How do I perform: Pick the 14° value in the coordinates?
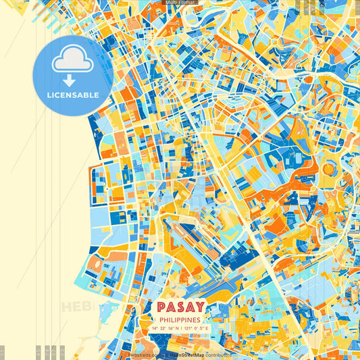tap(155, 328)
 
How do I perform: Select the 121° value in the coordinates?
tap(188, 328)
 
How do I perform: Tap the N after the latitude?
tap(176, 328)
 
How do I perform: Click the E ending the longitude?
tap(208, 328)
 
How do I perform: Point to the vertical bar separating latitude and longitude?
tap(180, 328)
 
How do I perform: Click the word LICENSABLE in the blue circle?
tap(72, 95)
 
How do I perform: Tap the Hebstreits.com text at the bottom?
tap(144, 354)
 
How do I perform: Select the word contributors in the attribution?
tap(219, 354)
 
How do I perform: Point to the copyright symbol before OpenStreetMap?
tap(165, 354)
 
